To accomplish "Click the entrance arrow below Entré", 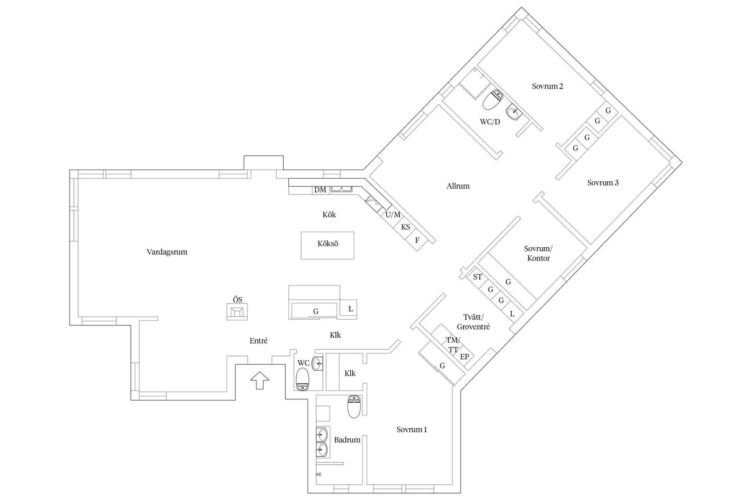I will tap(259, 380).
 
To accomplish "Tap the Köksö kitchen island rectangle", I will tap(327, 245).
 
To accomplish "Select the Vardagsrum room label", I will tap(167, 252).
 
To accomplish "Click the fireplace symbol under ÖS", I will tap(237, 312).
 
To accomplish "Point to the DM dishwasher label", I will tap(320, 190).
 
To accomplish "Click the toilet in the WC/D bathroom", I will tap(492, 99).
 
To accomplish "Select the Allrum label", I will tap(458, 186).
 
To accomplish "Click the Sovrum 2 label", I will tap(547, 86).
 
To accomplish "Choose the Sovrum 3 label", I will tap(603, 182).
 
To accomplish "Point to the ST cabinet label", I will tap(477, 277).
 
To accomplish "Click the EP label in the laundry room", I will tap(464, 356).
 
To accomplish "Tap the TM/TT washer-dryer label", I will tap(453, 345).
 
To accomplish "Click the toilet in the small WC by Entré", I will tap(303, 380).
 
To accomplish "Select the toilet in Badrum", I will tap(354, 406).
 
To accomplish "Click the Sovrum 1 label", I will tap(412, 430).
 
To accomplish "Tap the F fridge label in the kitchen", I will tap(417, 240).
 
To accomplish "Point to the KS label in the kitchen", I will tap(405, 227).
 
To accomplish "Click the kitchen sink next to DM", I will tap(341, 190).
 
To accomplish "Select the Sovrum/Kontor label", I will tap(538, 253).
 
